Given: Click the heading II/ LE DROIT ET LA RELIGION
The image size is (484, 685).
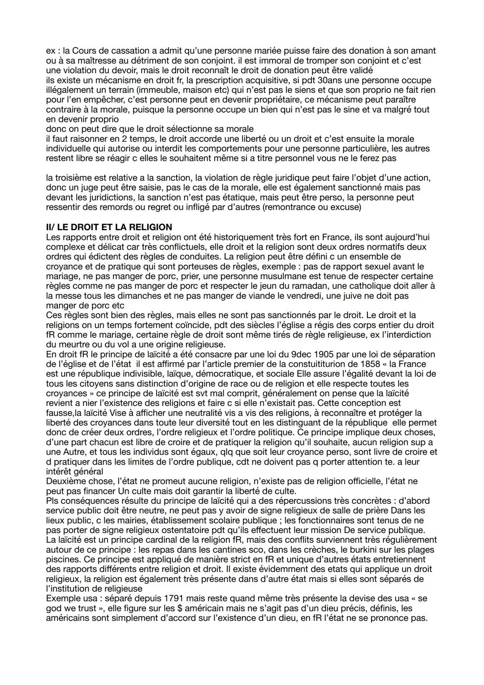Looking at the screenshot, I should point(109,227).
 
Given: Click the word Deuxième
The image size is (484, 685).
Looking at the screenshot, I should point(65,481).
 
